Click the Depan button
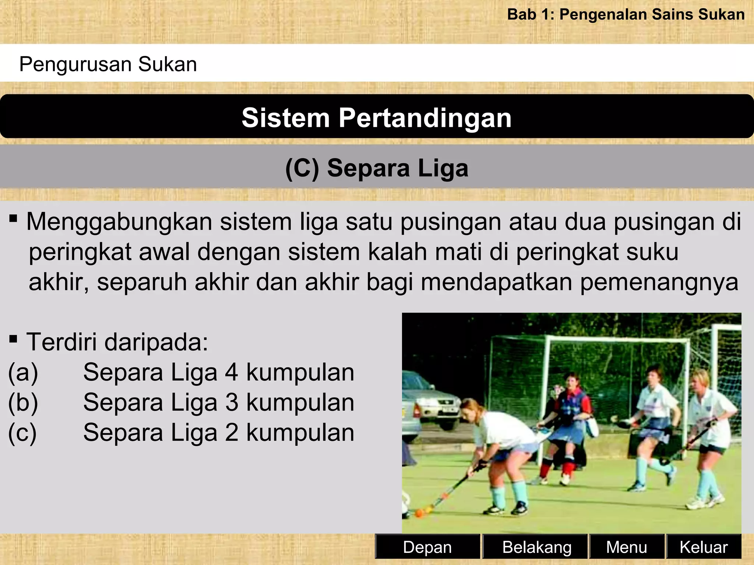click(x=427, y=547)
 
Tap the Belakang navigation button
click(x=536, y=547)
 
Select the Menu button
click(x=626, y=547)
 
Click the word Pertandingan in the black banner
click(x=425, y=118)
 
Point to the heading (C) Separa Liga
click(x=377, y=168)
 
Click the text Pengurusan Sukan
click(x=108, y=64)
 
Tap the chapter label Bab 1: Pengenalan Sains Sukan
click(x=626, y=15)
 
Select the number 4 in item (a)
click(x=231, y=372)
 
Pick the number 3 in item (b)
click(x=231, y=402)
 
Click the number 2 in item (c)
click(x=231, y=433)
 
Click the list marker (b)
click(x=23, y=402)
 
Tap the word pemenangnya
click(x=659, y=282)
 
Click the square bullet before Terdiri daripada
click(x=14, y=338)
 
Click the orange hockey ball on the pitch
click(x=419, y=513)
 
